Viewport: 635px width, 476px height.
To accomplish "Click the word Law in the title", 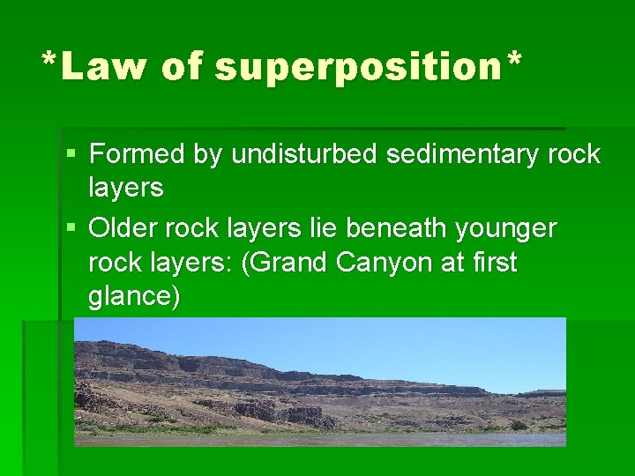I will [103, 66].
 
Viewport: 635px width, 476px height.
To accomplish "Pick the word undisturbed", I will [305, 155].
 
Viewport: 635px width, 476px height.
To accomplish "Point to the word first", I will [494, 263].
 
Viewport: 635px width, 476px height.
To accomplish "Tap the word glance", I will [131, 297].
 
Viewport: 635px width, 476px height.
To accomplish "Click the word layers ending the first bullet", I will [126, 189].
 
